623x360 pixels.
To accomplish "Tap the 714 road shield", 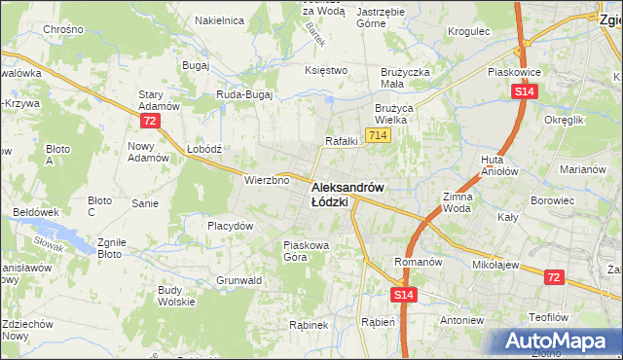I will click(379, 134).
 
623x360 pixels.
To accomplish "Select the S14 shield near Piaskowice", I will click(524, 91).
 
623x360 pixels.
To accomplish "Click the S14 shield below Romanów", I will click(405, 294).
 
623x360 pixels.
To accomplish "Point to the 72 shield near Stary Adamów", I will click(149, 121).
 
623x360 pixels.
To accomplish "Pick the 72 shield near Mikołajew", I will click(554, 277).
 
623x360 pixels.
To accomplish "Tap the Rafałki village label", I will click(342, 141).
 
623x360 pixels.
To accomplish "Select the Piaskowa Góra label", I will click(309, 251).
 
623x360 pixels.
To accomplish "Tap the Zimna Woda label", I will click(458, 201).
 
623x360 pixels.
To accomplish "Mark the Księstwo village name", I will click(326, 70).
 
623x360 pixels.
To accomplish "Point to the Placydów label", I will click(231, 226).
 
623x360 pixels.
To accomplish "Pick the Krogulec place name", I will click(468, 31).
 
